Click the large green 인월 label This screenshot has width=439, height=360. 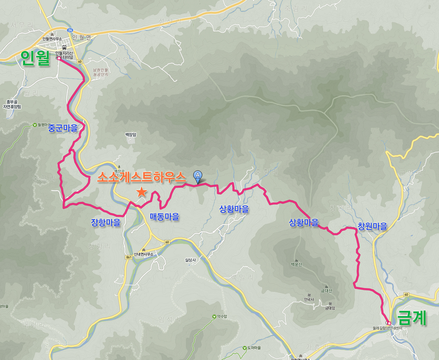click(36, 58)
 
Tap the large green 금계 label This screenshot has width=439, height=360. click(412, 318)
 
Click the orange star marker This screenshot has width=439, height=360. click(142, 192)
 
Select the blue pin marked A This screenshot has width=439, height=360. click(197, 176)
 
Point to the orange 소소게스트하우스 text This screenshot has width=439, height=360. click(142, 177)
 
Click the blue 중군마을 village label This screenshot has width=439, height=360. click(62, 128)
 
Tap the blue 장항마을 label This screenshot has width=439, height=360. click(106, 222)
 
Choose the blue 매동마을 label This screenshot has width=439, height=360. click(164, 216)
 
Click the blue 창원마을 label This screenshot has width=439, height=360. click(372, 226)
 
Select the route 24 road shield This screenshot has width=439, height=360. click(70, 30)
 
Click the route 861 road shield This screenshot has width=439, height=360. click(129, 257)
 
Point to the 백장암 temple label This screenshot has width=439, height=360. click(131, 135)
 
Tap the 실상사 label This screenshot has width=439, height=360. click(190, 260)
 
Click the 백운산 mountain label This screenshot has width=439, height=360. click(296, 264)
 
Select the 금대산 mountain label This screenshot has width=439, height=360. click(326, 291)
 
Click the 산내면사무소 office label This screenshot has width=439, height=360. click(144, 254)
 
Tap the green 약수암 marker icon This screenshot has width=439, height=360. click(214, 317)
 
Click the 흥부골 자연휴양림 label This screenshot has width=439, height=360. click(12, 104)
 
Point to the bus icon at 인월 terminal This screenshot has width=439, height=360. click(64, 47)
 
